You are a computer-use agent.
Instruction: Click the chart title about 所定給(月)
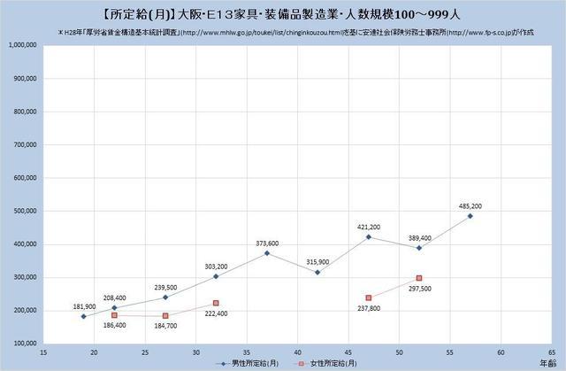click(282, 14)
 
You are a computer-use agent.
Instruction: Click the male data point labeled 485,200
click(470, 216)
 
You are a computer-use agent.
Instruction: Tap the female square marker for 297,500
click(419, 278)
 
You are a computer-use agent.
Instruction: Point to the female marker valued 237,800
click(369, 298)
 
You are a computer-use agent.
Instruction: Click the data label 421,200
click(368, 227)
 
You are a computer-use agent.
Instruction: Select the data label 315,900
click(317, 261)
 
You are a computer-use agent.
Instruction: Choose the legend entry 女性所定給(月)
click(327, 363)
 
